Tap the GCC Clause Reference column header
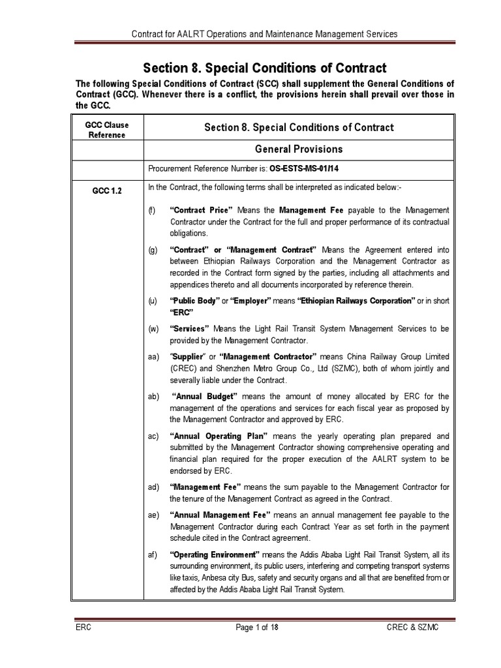107,130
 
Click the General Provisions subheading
299,149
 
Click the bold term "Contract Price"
202,210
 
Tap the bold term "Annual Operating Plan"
218,435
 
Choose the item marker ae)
154,514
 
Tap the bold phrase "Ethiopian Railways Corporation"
356,301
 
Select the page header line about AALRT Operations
265,33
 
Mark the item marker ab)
154,396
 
